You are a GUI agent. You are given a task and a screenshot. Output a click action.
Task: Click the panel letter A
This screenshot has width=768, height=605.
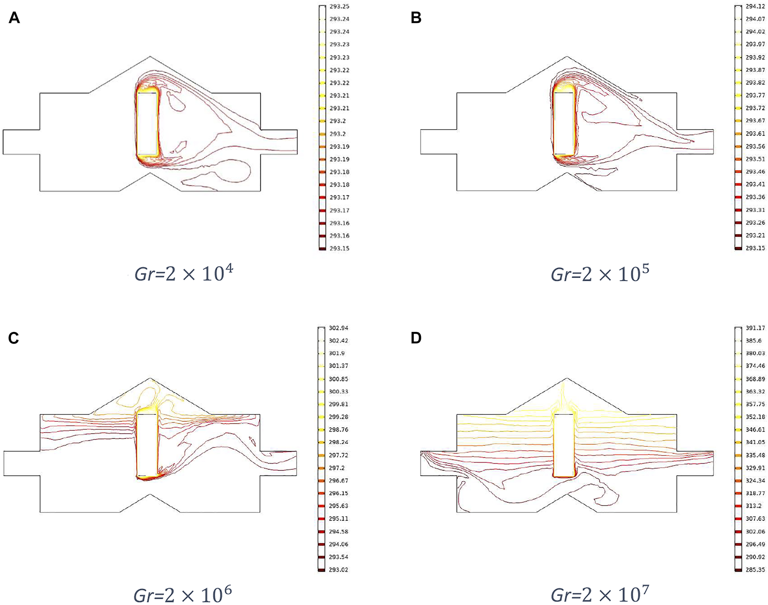tap(14, 18)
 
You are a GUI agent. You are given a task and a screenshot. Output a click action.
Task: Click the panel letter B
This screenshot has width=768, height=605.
tap(416, 18)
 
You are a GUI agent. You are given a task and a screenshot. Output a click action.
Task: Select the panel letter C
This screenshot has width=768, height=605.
tap(13, 338)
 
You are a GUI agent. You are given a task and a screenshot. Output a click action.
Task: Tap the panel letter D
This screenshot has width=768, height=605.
tap(416, 338)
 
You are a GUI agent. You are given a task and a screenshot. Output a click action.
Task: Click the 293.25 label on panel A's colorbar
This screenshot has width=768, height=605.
tap(339, 7)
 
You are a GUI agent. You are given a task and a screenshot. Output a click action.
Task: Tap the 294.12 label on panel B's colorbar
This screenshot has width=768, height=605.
tap(755, 7)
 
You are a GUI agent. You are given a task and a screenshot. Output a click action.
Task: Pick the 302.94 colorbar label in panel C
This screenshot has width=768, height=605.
tap(338, 328)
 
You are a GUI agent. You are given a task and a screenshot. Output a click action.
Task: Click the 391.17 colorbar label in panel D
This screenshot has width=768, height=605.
tap(755, 328)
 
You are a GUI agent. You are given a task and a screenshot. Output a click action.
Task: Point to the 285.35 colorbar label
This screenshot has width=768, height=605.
tap(755, 569)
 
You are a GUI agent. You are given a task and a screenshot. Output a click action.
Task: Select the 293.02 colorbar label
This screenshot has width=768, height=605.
tap(338, 569)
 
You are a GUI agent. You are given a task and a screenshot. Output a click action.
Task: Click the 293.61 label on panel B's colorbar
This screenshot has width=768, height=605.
tap(755, 133)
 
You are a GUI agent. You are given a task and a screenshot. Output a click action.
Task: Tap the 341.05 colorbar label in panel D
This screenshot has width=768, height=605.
tap(755, 442)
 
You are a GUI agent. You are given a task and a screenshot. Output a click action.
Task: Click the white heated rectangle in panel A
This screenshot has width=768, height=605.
tap(147, 124)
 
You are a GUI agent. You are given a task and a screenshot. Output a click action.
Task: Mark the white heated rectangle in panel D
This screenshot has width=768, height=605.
tap(564, 445)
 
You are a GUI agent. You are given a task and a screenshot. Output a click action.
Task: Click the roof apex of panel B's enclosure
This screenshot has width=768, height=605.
tap(567, 57)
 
